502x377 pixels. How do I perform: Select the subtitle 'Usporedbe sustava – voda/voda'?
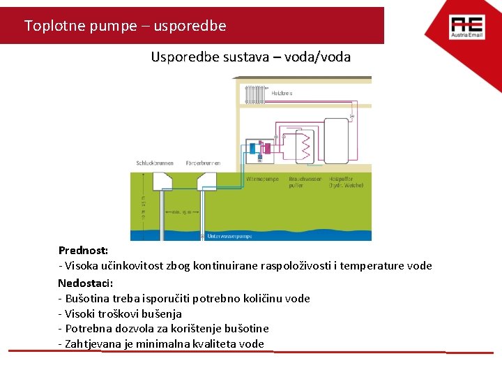point(250,57)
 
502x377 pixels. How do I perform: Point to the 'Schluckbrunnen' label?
point(155,163)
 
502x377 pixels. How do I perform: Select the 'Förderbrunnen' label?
point(203,163)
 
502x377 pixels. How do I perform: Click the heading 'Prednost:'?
point(83,250)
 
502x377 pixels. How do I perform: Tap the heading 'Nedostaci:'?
point(85,283)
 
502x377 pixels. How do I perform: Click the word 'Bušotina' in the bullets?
point(86,299)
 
